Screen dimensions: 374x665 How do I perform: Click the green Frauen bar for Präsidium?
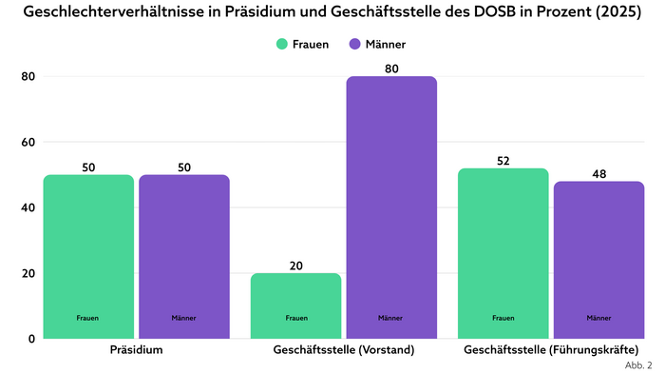point(88,256)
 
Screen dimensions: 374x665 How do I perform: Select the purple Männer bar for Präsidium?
point(183,256)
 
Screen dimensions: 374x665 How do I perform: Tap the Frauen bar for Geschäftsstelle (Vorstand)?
point(295,305)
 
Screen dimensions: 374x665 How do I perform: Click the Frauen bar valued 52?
point(503,252)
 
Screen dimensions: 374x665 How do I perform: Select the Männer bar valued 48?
point(598,259)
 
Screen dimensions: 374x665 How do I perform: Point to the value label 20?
point(295,266)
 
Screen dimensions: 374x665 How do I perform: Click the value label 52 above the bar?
point(503,161)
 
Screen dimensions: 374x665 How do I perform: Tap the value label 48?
point(598,174)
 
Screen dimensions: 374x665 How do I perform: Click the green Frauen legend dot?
point(282,44)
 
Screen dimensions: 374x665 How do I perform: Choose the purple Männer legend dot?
point(355,44)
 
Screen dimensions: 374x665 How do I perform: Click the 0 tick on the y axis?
point(30,338)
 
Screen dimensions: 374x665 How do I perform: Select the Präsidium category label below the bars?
point(136,350)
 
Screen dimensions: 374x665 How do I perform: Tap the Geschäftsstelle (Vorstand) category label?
point(343,350)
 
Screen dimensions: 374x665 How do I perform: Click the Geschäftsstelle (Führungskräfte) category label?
point(550,350)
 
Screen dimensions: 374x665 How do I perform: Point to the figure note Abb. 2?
point(638,364)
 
